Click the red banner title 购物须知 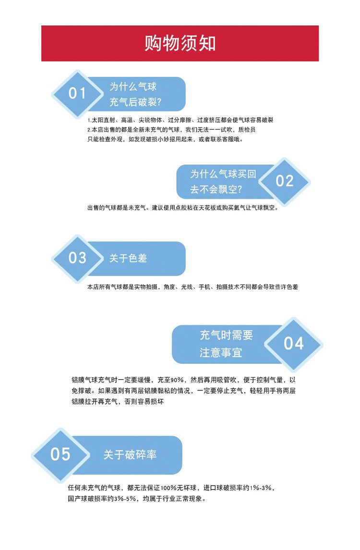[180, 43]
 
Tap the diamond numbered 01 [77, 94]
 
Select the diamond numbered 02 [284, 181]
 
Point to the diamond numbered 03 [77, 258]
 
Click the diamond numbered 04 [294, 344]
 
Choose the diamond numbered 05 [60, 454]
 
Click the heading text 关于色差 [128, 258]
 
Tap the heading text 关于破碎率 [130, 454]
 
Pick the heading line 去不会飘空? [216, 190]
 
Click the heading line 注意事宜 [221, 353]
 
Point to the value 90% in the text [178, 379]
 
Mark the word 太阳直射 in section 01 [103, 120]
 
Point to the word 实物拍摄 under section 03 [144, 287]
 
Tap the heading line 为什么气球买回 [223, 174]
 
